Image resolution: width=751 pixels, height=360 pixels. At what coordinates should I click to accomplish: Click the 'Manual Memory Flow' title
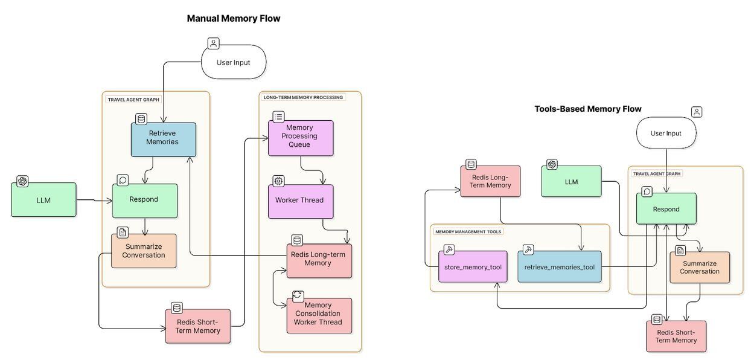[x=233, y=19]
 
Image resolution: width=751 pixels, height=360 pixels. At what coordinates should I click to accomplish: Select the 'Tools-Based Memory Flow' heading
[x=587, y=109]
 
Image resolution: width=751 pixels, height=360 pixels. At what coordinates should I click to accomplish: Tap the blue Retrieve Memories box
[x=163, y=138]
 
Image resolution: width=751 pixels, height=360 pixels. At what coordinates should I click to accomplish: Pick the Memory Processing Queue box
[x=300, y=137]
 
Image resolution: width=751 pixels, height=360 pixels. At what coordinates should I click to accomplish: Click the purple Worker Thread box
[x=300, y=201]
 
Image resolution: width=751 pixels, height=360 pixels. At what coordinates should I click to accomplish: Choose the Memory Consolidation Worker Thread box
[x=318, y=314]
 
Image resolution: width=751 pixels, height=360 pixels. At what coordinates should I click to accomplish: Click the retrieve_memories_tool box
[x=559, y=267]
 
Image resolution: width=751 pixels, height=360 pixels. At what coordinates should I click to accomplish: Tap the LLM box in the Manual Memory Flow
[x=43, y=200]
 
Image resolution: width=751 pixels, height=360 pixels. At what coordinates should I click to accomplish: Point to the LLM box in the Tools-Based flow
[x=571, y=181]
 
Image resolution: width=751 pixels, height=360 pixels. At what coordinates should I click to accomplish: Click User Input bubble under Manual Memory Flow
[x=233, y=62]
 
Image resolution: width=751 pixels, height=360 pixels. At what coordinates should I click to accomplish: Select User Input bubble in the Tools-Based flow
[x=666, y=133]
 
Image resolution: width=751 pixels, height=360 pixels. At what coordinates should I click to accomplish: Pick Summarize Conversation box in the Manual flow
[x=144, y=251]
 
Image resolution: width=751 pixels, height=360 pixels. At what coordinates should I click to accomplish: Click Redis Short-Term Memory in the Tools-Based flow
[x=676, y=336]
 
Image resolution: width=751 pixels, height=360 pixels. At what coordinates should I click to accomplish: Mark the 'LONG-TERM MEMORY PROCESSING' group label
[x=303, y=97]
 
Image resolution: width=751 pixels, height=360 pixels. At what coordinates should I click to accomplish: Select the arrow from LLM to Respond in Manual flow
[x=94, y=200]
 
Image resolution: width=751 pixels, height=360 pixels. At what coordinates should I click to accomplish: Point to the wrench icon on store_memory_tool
[x=449, y=249]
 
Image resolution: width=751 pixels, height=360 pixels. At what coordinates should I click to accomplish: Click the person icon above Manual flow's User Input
[x=213, y=43]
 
